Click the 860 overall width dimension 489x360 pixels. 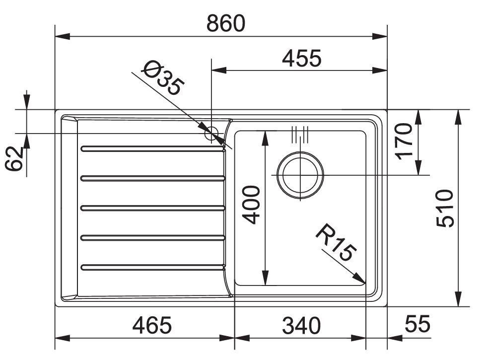pos(226,23)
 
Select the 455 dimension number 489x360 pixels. pos(301,58)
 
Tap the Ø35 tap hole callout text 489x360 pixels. pos(162,77)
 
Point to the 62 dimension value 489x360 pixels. pos(15,158)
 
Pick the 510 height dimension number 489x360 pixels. pos(445,209)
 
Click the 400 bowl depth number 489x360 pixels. pos(251,205)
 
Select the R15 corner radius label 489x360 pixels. pos(336,242)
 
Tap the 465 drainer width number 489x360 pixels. pos(152,325)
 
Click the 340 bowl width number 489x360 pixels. pos(301,325)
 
